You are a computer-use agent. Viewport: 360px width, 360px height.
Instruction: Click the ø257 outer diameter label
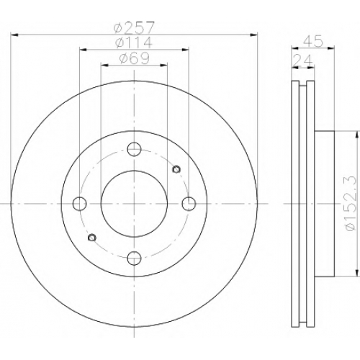[133, 28]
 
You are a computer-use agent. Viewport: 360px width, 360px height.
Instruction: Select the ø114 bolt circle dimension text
[134, 42]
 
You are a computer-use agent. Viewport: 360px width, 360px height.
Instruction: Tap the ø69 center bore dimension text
[135, 58]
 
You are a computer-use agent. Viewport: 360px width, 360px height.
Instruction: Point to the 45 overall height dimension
[312, 42]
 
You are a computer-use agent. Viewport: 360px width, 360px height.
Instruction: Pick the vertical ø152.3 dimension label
[351, 204]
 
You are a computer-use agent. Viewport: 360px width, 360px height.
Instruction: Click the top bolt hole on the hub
[134, 149]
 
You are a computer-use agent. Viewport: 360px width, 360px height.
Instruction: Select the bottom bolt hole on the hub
[134, 258]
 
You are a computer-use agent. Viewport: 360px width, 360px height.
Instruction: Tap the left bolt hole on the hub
[79, 204]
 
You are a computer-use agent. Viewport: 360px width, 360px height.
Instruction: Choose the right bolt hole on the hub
[189, 204]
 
